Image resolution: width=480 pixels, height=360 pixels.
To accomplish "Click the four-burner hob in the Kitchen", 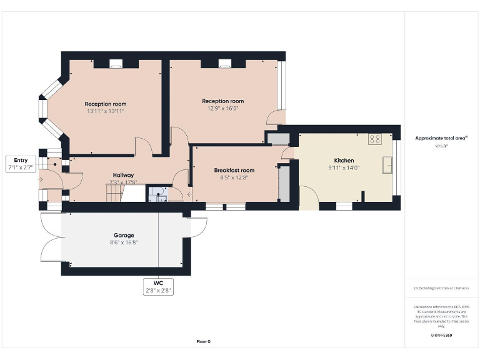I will pos(376,139).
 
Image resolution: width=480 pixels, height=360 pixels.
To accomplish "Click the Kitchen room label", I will pos(344,161).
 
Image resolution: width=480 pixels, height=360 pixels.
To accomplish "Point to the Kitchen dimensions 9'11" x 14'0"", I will pos(344,168).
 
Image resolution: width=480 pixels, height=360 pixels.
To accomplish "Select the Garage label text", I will pos(123,236).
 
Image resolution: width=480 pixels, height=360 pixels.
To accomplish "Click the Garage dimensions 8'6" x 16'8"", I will pos(123,243).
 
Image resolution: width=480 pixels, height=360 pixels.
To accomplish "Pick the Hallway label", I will pos(123,175).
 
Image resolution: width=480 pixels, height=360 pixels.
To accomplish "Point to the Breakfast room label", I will pos(234,170).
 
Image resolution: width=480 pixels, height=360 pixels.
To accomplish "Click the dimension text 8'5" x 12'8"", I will pos(234,177).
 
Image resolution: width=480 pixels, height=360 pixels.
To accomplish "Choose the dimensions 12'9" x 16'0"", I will pos(222,108).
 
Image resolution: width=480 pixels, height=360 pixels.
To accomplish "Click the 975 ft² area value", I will pos(441,146).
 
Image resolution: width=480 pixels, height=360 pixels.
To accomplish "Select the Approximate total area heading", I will pos(441,138).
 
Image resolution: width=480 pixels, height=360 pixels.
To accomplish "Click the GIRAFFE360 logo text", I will pos(441,336).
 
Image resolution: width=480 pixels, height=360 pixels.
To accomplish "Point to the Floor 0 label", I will pos(204,341).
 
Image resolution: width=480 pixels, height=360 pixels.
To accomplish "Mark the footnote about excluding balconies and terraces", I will pos(441,288).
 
